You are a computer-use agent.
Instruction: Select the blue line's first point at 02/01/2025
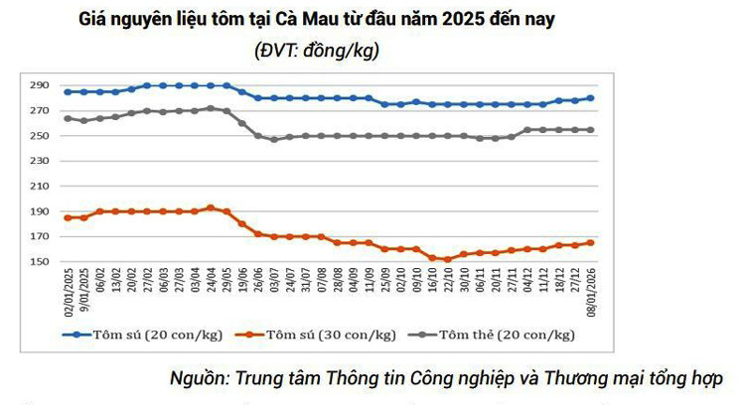[x=68, y=91]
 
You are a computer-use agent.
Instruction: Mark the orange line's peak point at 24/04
[x=210, y=207]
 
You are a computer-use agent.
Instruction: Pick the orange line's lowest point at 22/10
[x=448, y=259]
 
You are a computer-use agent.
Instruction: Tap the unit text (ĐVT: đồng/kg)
[x=317, y=50]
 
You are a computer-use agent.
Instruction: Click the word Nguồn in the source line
[x=197, y=378]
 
